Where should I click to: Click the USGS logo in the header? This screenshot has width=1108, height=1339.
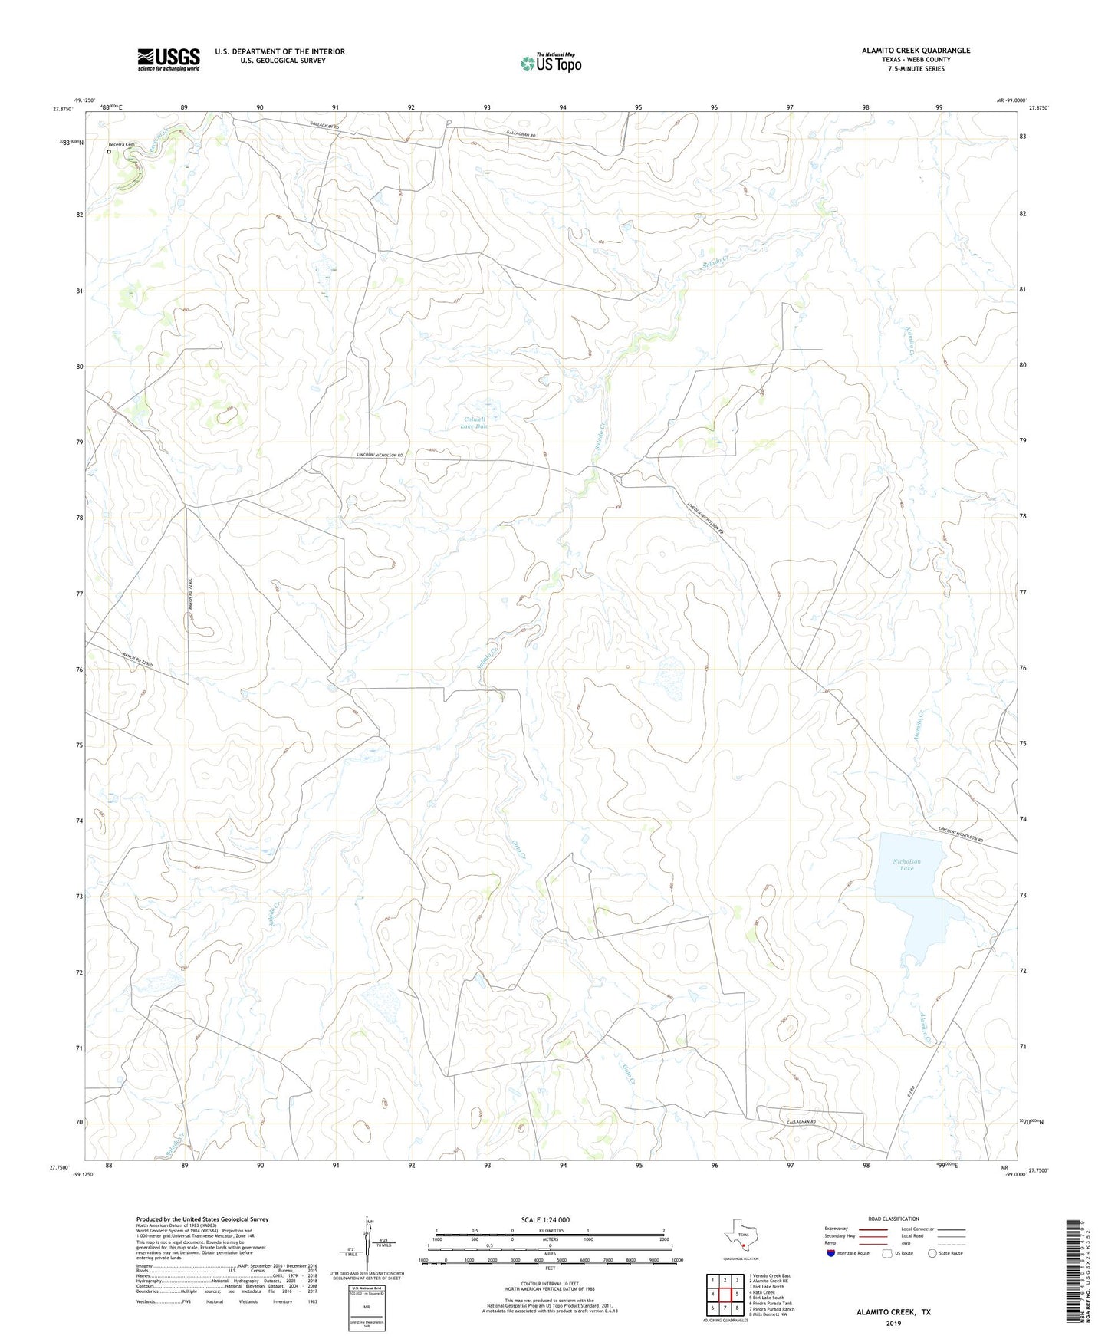click(x=169, y=59)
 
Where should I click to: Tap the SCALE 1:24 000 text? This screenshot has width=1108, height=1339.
click(x=545, y=1220)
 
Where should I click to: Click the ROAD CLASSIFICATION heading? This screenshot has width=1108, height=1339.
click(x=893, y=1219)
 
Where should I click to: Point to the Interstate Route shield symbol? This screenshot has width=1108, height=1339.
click(x=830, y=1253)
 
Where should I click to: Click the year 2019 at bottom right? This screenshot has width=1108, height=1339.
click(x=893, y=1323)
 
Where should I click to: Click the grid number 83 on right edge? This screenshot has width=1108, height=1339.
click(x=1022, y=137)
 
